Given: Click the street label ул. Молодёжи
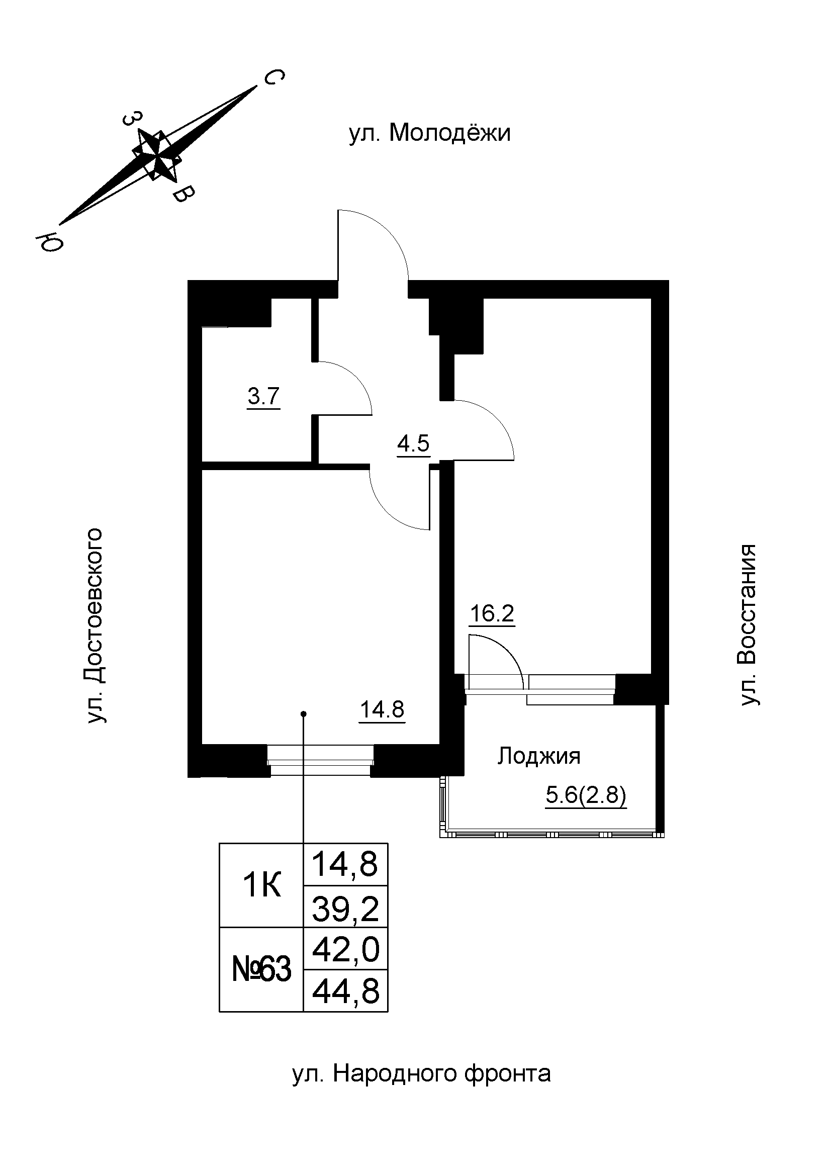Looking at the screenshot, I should (x=430, y=133).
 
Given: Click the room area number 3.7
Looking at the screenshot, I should (x=263, y=397).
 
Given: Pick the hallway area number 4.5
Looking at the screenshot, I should (x=413, y=443).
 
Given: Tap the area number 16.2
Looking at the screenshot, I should (x=492, y=613).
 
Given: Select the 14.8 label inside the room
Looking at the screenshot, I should (x=382, y=709).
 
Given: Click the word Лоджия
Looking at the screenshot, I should (x=538, y=756).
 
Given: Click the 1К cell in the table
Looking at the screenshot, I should (x=261, y=885).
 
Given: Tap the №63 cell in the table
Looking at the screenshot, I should (x=261, y=969).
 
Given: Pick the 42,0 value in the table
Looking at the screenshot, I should (x=345, y=949).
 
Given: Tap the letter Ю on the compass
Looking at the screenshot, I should (x=49, y=241).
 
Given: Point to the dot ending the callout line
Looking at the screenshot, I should (x=303, y=713).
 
